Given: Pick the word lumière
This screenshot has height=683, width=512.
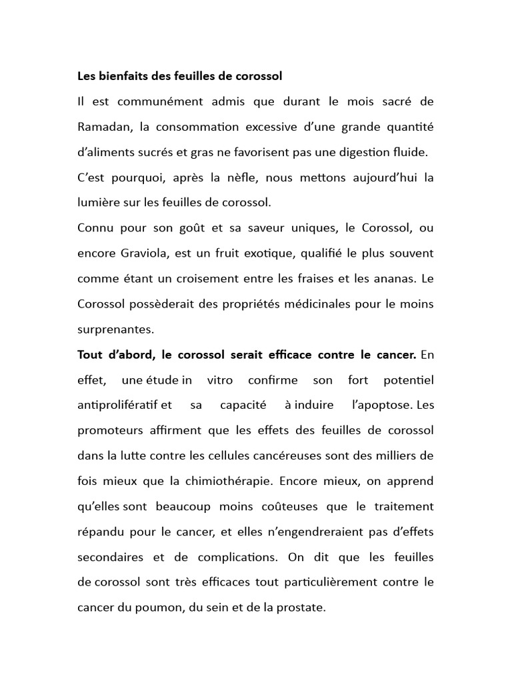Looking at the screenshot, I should (x=99, y=202).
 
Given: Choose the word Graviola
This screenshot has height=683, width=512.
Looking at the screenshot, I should (x=147, y=253).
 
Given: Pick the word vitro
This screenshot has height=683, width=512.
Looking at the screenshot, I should (x=220, y=380).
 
